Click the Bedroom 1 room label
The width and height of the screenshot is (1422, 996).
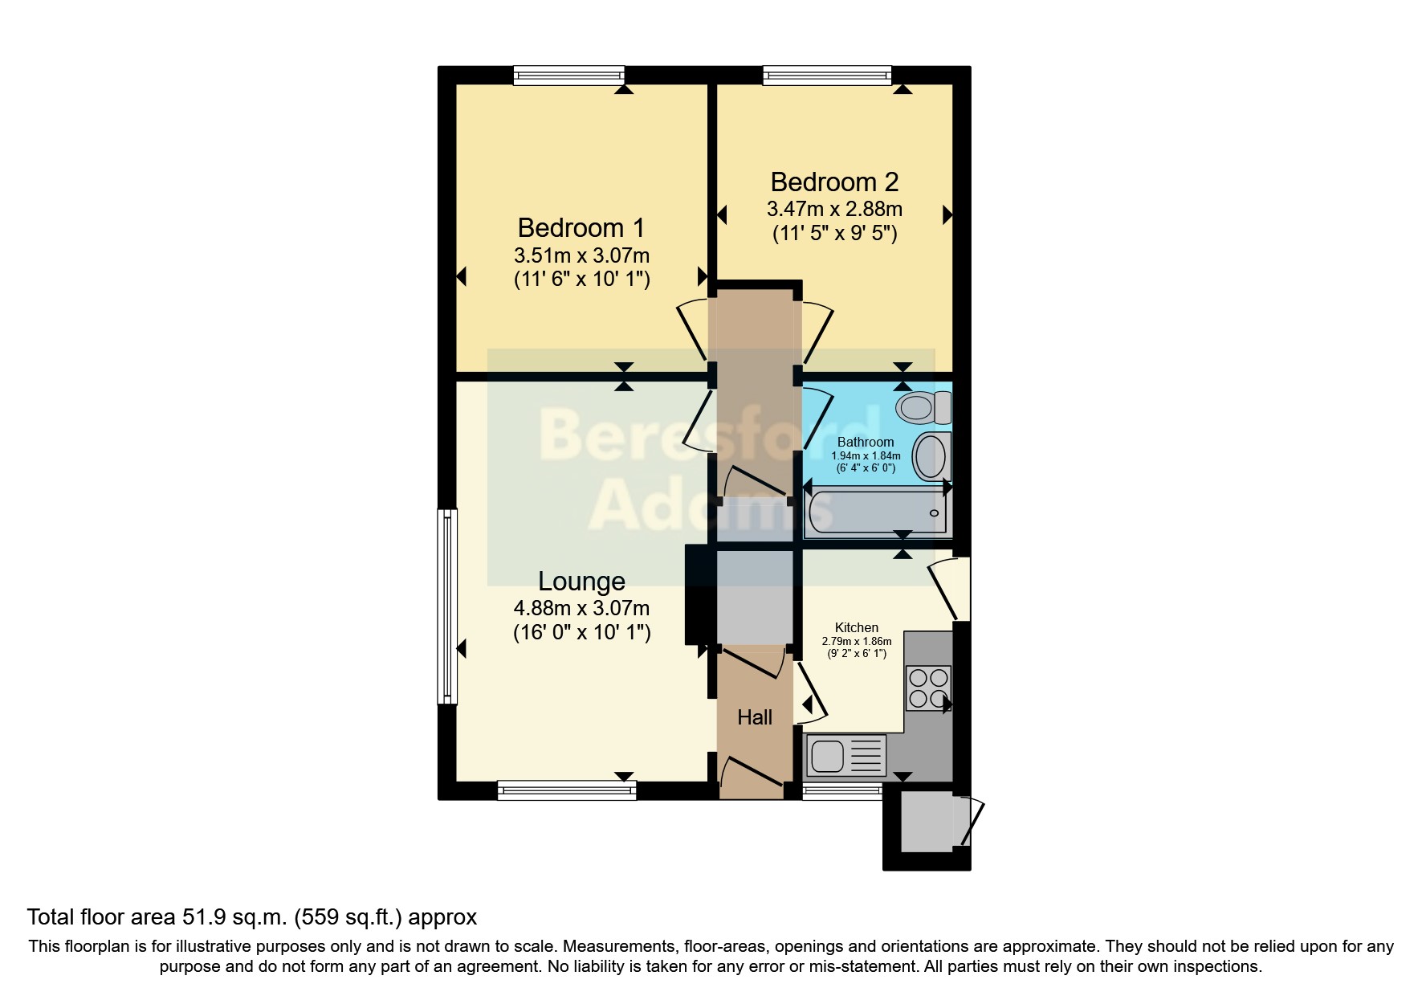pos(581,228)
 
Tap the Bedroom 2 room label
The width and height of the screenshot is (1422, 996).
pos(834,182)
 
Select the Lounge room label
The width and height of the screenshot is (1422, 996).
pos(581,581)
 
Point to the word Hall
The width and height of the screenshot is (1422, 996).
pos(755,717)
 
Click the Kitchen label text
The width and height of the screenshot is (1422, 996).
pos(857,627)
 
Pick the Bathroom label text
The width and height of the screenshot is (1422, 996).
pos(866,442)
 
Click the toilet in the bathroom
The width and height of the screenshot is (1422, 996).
pos(923,407)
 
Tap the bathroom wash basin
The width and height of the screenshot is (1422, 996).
pos(931,456)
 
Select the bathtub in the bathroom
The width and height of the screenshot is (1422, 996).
pos(878,512)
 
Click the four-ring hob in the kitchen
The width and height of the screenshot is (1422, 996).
pos(929,688)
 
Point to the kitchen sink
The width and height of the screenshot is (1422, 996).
pos(845,755)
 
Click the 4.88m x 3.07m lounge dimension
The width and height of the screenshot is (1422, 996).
pos(581,609)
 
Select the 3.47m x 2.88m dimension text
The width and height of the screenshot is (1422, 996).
pos(834,210)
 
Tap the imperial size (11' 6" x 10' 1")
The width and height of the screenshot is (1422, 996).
pos(581,280)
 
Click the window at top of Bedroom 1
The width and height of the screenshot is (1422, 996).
pos(569,76)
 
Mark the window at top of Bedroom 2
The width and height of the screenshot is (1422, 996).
pos(827,76)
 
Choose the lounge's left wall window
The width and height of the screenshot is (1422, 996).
pos(447,606)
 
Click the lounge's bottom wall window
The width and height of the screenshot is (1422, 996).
pos(567,790)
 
